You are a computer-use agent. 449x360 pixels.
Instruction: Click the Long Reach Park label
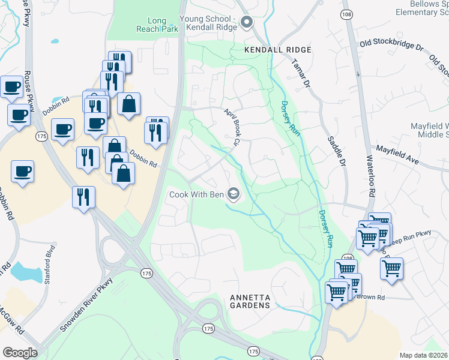click(x=157, y=25)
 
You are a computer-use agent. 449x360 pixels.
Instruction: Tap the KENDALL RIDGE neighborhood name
click(x=277, y=50)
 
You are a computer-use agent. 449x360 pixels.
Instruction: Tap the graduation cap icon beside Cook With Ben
click(x=234, y=194)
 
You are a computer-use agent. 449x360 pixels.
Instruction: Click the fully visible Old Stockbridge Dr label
click(x=391, y=46)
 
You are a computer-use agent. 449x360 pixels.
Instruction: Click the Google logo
click(x=20, y=353)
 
